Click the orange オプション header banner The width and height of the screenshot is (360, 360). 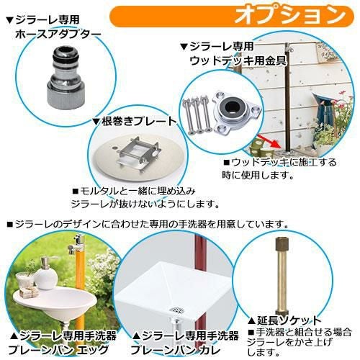coord(232,17)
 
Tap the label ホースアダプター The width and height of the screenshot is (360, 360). coord(58,35)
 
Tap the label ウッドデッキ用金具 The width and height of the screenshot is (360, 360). coord(238,61)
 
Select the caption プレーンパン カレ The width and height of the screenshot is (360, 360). coord(175,350)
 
